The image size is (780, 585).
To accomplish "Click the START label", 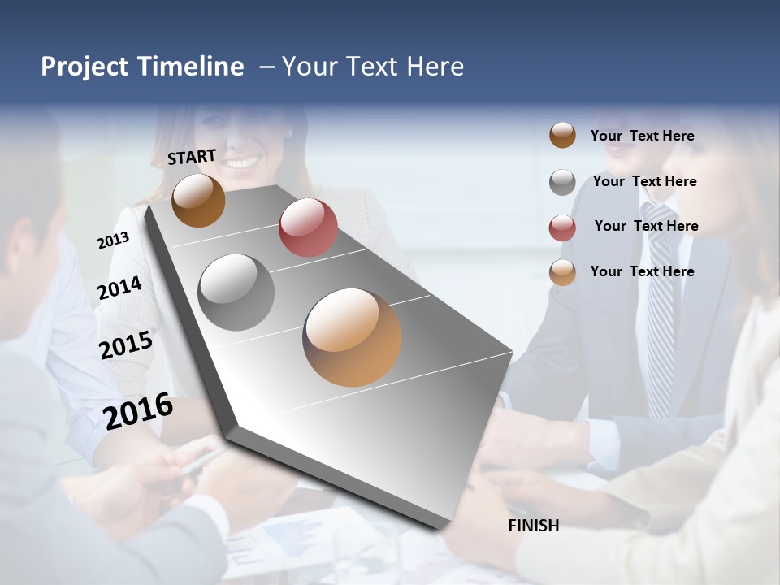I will click(x=192, y=157).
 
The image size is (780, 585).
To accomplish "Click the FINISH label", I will click(x=534, y=526).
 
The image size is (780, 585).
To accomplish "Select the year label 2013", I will click(x=113, y=240).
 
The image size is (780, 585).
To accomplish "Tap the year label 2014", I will click(x=119, y=288).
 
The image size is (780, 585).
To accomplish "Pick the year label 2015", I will click(x=126, y=345).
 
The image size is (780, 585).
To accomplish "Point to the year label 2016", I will click(x=138, y=411).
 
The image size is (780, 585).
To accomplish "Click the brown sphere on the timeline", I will click(x=198, y=201).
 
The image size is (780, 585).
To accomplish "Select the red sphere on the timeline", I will click(x=308, y=227).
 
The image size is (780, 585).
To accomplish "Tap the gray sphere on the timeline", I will click(x=236, y=292).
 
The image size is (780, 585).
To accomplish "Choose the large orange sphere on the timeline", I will click(x=352, y=337).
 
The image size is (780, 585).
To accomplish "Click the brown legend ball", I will click(x=562, y=136).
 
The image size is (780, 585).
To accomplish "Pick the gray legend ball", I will click(x=562, y=182).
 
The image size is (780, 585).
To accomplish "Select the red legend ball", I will click(x=562, y=227).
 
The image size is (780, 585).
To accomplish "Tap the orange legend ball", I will click(x=562, y=272).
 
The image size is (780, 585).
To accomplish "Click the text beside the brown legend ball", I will click(x=642, y=136).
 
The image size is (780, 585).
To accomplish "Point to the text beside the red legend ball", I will click(x=646, y=226).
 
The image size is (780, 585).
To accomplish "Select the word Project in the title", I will click(x=84, y=67).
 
